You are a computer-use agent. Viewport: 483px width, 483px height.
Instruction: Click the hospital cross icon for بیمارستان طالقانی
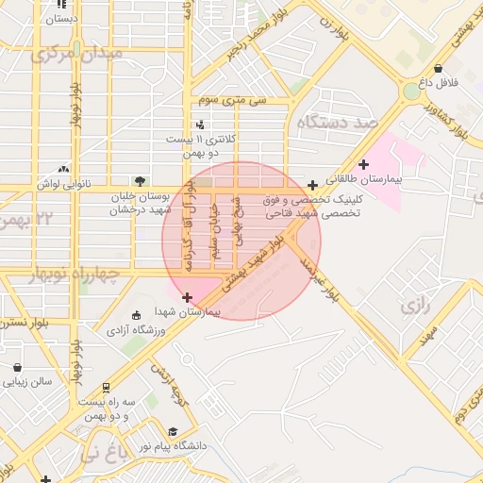(363, 164)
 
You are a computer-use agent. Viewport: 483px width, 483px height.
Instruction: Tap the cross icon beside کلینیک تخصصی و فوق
(313, 184)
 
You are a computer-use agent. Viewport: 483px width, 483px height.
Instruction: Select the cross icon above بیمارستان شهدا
(187, 298)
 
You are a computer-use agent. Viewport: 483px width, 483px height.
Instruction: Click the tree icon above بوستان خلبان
(141, 179)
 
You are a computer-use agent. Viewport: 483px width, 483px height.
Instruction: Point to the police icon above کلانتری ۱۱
(199, 125)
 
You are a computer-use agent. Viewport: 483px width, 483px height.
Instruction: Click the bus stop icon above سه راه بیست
(107, 386)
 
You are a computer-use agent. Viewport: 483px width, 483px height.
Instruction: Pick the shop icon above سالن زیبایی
(17, 367)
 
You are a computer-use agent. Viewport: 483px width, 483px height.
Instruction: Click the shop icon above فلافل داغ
(438, 68)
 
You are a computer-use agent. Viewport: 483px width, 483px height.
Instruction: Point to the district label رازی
(415, 307)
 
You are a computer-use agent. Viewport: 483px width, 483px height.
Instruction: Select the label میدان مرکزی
(77, 54)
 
